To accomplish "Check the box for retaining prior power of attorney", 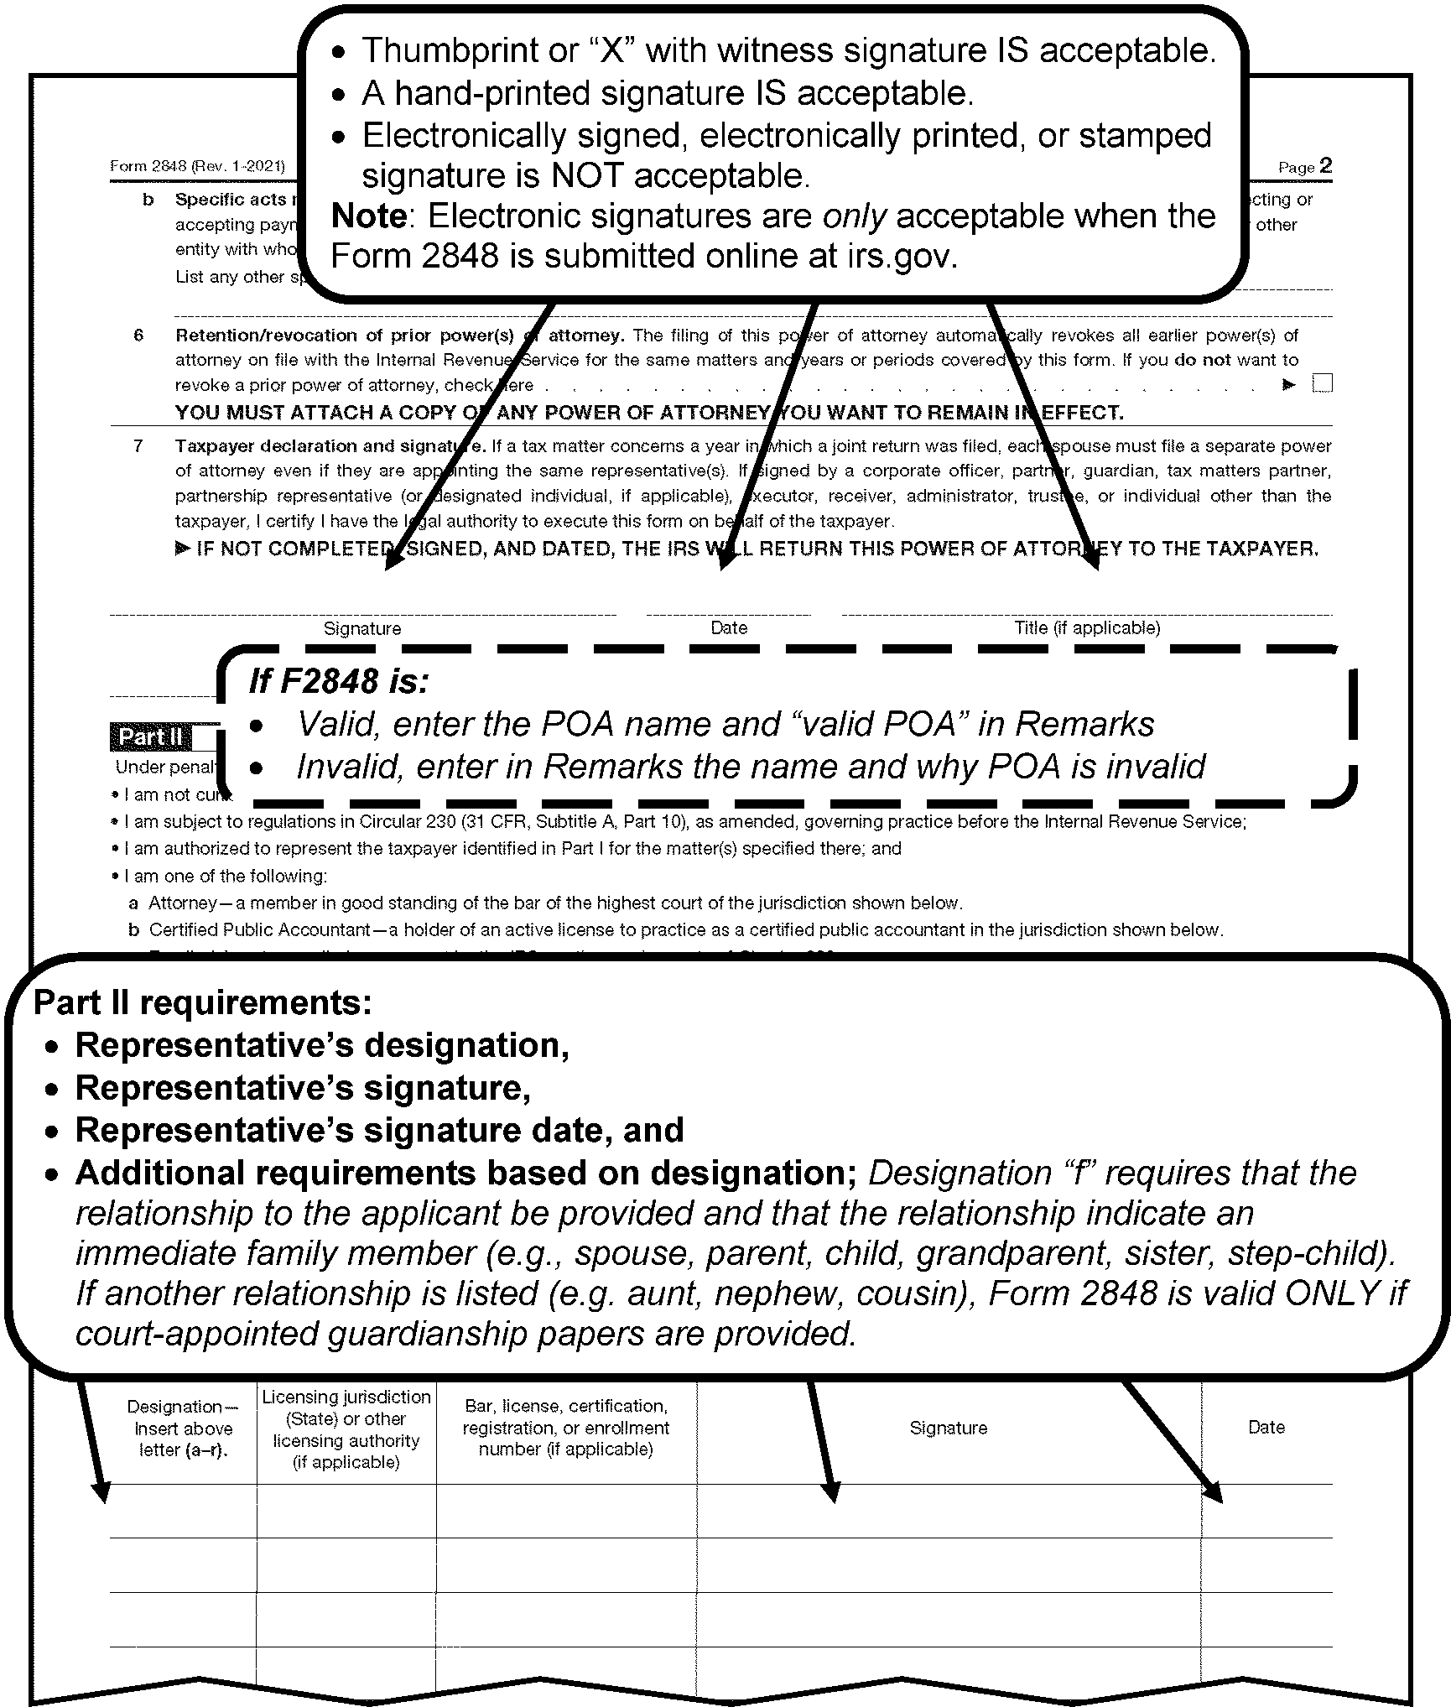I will [1322, 384].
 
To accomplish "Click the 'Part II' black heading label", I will [150, 737].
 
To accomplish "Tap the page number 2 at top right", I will [1325, 165].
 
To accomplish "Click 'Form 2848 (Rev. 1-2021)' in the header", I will [197, 166].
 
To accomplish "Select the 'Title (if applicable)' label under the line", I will [1087, 627].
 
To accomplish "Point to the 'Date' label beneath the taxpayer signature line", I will [729, 627].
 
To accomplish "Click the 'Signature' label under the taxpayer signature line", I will [362, 628].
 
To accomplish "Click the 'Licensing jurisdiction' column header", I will [346, 1429].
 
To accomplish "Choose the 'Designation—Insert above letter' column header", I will [183, 1429].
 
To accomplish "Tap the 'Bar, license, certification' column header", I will [566, 1428].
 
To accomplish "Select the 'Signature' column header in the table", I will [949, 1428].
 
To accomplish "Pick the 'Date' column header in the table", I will [1266, 1427].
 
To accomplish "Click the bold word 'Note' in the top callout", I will [369, 216].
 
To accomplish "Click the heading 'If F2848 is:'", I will [339, 681].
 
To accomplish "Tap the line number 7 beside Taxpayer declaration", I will [138, 446].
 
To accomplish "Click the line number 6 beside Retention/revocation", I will [138, 336].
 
